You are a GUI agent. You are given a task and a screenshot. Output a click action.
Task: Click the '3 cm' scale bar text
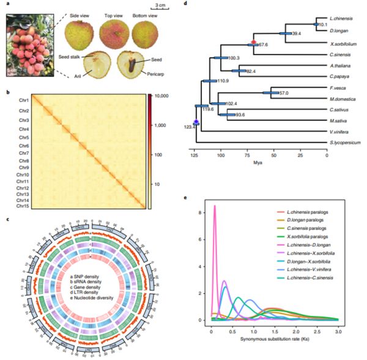pos(161,6)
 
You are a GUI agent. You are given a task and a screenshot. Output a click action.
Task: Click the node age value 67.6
pos(264,44)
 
